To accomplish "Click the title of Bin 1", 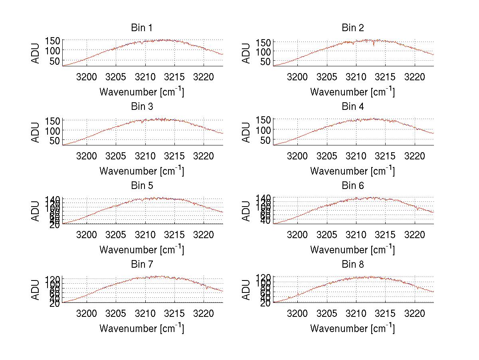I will click(x=141, y=28).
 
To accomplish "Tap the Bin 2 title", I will click(x=352, y=28).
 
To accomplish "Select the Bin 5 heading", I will click(x=141, y=186).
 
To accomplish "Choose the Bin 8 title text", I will click(x=352, y=265).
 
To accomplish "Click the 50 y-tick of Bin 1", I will click(x=54, y=61).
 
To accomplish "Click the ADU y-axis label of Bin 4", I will click(x=246, y=132).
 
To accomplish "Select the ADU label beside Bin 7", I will click(x=36, y=290).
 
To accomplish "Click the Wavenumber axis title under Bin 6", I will click(x=352, y=250).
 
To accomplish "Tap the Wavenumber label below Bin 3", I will click(x=141, y=171).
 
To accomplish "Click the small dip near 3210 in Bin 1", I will click(x=141, y=43).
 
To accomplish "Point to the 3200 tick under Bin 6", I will click(x=297, y=234).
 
